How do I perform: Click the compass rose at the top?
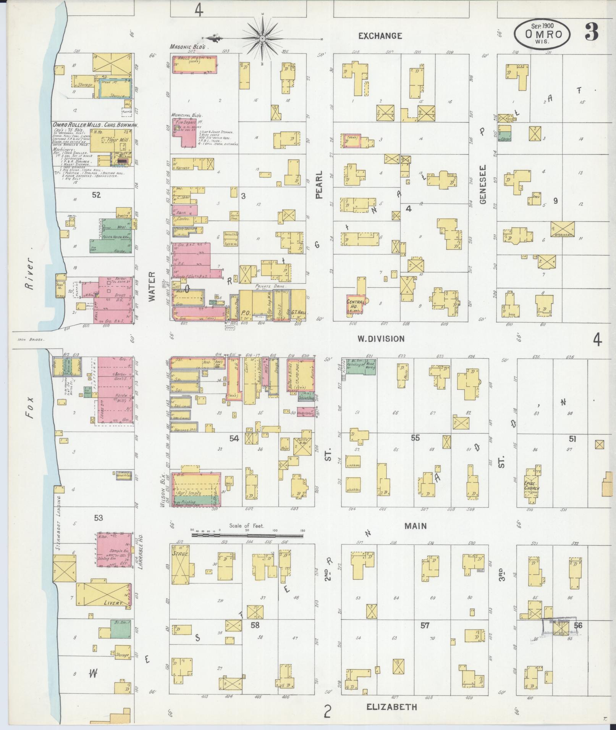coord(263,39)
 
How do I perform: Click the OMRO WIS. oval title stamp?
coord(543,34)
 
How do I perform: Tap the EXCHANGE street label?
coord(380,36)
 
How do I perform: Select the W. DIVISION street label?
coord(380,338)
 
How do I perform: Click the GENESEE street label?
coord(482,184)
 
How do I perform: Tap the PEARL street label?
coord(319,185)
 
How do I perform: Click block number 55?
coord(415,438)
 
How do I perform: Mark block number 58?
coord(255,625)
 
